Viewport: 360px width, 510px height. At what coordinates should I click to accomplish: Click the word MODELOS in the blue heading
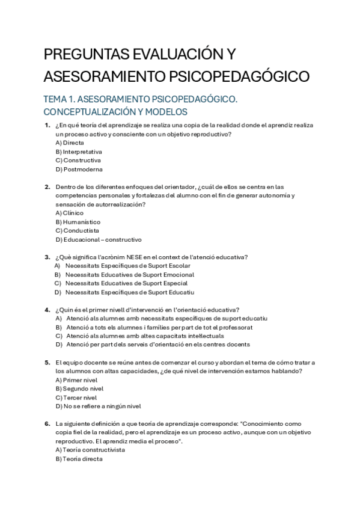coord(165,112)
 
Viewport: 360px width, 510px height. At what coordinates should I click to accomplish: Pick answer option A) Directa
coord(70,143)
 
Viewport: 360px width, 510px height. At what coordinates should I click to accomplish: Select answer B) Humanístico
coord(78,222)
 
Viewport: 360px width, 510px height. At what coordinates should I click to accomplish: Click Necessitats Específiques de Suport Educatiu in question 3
coord(130,292)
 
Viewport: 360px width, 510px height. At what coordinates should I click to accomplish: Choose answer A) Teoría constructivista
coord(90,450)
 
